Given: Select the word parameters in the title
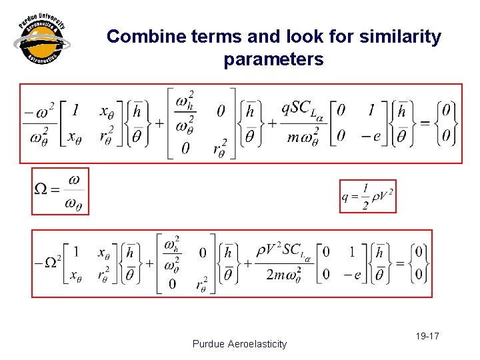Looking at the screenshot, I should (x=273, y=59).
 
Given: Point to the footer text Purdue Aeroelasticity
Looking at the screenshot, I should (x=239, y=344).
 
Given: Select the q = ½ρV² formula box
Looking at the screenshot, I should (x=367, y=196).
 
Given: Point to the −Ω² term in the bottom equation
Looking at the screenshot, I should (x=47, y=263).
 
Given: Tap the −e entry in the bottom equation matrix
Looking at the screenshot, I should (x=349, y=274).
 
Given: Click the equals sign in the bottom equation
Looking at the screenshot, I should (x=400, y=263).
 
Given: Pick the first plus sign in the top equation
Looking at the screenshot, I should (x=160, y=123).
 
